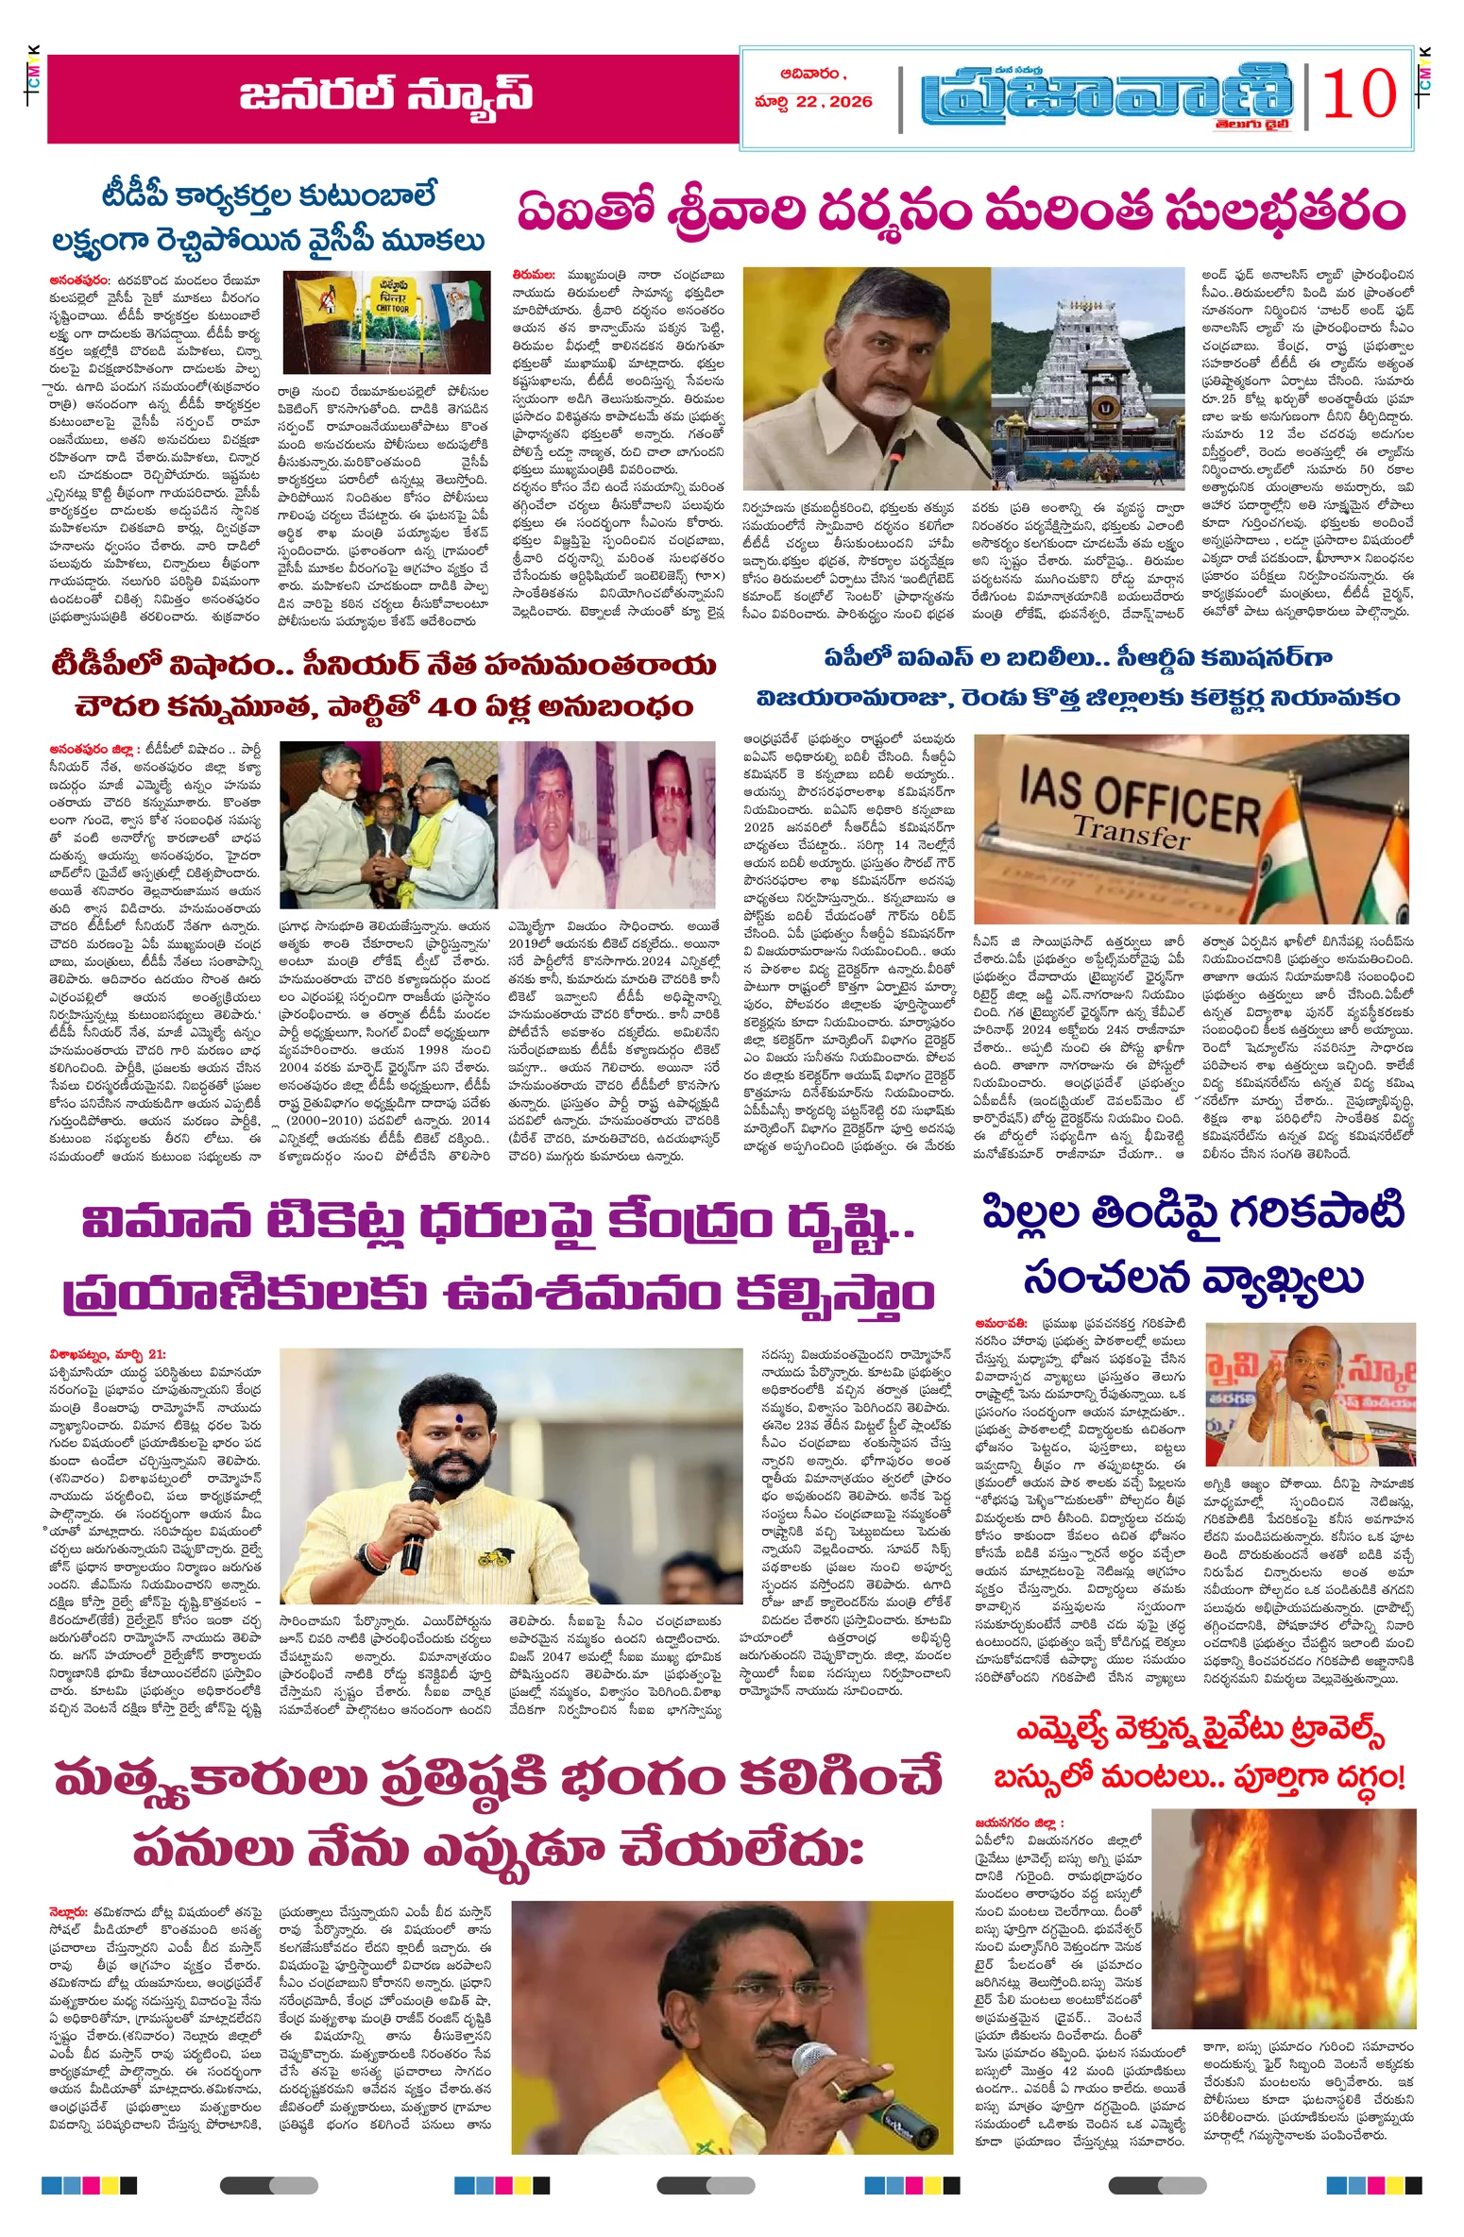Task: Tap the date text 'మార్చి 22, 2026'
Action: click(x=813, y=102)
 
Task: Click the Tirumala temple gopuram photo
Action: click(x=1087, y=378)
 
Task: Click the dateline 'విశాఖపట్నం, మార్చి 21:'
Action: click(x=108, y=1355)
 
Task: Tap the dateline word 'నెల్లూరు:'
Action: click(x=69, y=1911)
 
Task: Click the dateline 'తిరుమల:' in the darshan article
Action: click(x=534, y=275)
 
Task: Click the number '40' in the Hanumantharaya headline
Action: click(x=458, y=707)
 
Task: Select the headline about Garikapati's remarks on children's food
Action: click(x=1194, y=1246)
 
